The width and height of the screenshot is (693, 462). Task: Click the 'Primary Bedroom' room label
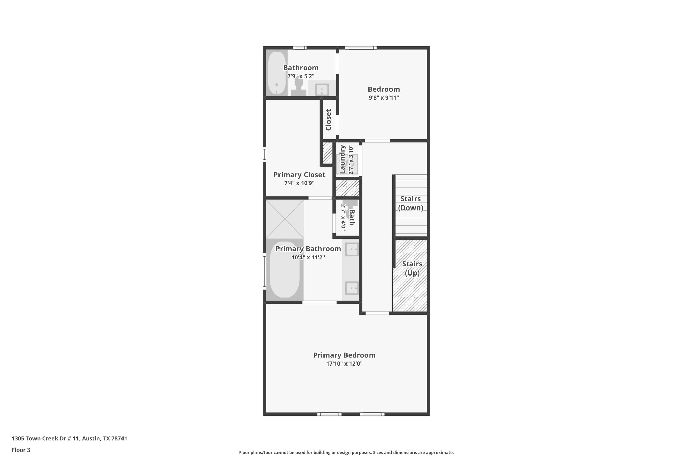(x=344, y=355)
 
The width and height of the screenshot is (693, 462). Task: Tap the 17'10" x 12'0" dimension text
(x=344, y=364)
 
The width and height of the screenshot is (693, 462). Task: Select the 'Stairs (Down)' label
(x=410, y=203)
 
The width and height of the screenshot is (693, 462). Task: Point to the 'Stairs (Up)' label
(x=412, y=268)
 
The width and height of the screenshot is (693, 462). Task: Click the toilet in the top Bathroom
(x=299, y=86)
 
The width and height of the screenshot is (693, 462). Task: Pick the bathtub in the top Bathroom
(x=277, y=72)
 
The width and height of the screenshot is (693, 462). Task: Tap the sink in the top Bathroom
(x=322, y=90)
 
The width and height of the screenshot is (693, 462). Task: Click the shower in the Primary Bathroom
(x=285, y=219)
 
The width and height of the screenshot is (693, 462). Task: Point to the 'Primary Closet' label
(x=299, y=175)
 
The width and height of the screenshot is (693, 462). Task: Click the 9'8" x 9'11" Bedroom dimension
(x=384, y=98)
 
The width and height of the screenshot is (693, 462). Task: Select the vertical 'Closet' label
(x=328, y=119)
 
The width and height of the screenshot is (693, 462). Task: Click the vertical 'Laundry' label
(x=342, y=159)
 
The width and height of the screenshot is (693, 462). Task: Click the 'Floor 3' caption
(x=21, y=450)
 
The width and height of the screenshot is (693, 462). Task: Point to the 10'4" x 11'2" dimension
(x=308, y=257)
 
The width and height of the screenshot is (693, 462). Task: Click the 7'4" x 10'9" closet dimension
(x=299, y=183)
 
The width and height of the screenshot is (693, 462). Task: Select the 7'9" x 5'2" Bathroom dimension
(x=301, y=76)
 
